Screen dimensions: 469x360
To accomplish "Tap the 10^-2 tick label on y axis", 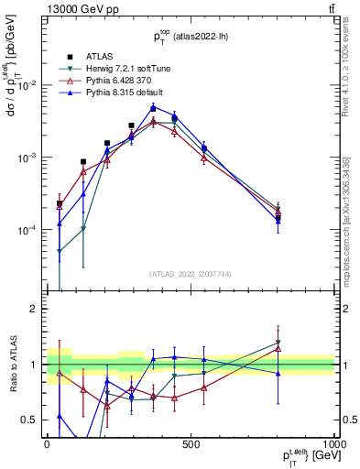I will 29,85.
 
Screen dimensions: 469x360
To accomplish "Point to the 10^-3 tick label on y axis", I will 29,158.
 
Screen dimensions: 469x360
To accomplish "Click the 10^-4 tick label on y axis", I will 29,230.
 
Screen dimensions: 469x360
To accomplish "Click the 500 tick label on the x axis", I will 191,443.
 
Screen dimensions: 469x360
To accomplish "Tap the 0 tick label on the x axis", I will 47,443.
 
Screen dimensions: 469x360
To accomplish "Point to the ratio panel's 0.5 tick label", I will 31,420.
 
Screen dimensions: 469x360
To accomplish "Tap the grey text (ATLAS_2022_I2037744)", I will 191,274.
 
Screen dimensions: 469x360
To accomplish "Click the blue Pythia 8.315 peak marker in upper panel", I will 154,107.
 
